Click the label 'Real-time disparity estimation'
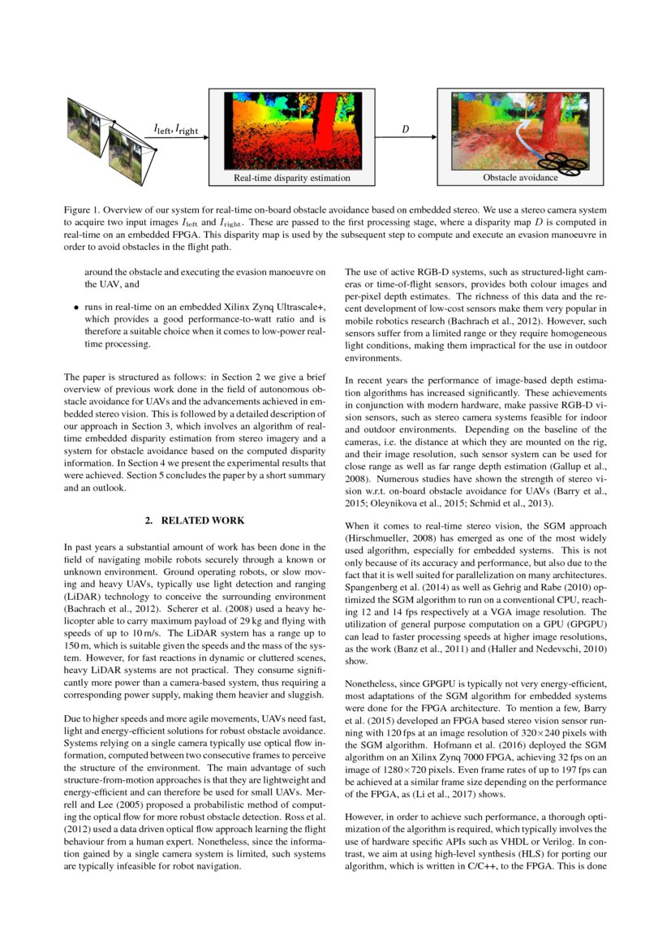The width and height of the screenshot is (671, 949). (x=292, y=178)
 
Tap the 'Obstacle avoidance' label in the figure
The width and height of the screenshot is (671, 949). (x=520, y=177)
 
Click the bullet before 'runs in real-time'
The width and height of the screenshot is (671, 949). (x=76, y=309)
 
